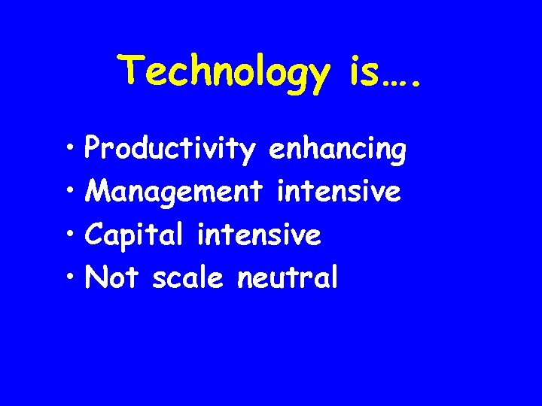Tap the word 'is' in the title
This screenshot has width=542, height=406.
click(x=364, y=71)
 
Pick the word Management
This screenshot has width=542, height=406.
click(x=175, y=192)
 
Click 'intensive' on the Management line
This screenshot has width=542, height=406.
click(x=339, y=192)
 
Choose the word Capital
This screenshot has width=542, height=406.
click(x=134, y=235)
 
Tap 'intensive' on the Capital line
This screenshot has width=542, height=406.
click(x=259, y=235)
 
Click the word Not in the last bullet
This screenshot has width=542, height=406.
click(x=112, y=278)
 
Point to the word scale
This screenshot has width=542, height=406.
click(x=187, y=278)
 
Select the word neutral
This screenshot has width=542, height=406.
click(x=288, y=278)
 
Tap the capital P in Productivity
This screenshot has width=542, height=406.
click(x=94, y=149)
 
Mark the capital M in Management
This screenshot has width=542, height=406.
click(x=97, y=192)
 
